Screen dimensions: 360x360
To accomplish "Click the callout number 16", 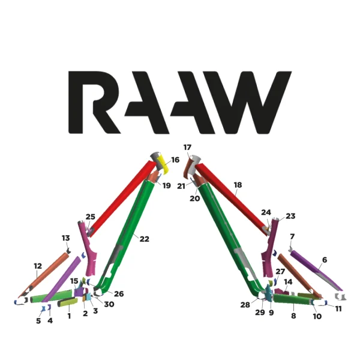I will (x=175, y=160).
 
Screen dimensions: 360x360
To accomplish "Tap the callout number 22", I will (x=144, y=239).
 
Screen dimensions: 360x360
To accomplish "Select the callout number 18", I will (x=238, y=185).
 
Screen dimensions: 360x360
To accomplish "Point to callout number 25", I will (x=91, y=217).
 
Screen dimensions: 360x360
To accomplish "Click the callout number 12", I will (x=38, y=266).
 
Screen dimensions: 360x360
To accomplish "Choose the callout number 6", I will (x=325, y=260).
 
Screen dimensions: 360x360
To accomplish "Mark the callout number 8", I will (x=293, y=315).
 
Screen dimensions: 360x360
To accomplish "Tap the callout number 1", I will (x=69, y=316).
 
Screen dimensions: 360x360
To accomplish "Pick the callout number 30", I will (x=109, y=304).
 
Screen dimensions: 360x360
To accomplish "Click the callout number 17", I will (x=187, y=147).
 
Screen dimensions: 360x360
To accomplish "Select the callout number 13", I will (x=66, y=238).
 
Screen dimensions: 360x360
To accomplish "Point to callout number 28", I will (x=245, y=305).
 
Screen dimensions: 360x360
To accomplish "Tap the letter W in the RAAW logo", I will (x=256, y=103).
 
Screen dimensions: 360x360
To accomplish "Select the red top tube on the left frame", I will (x=120, y=198).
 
